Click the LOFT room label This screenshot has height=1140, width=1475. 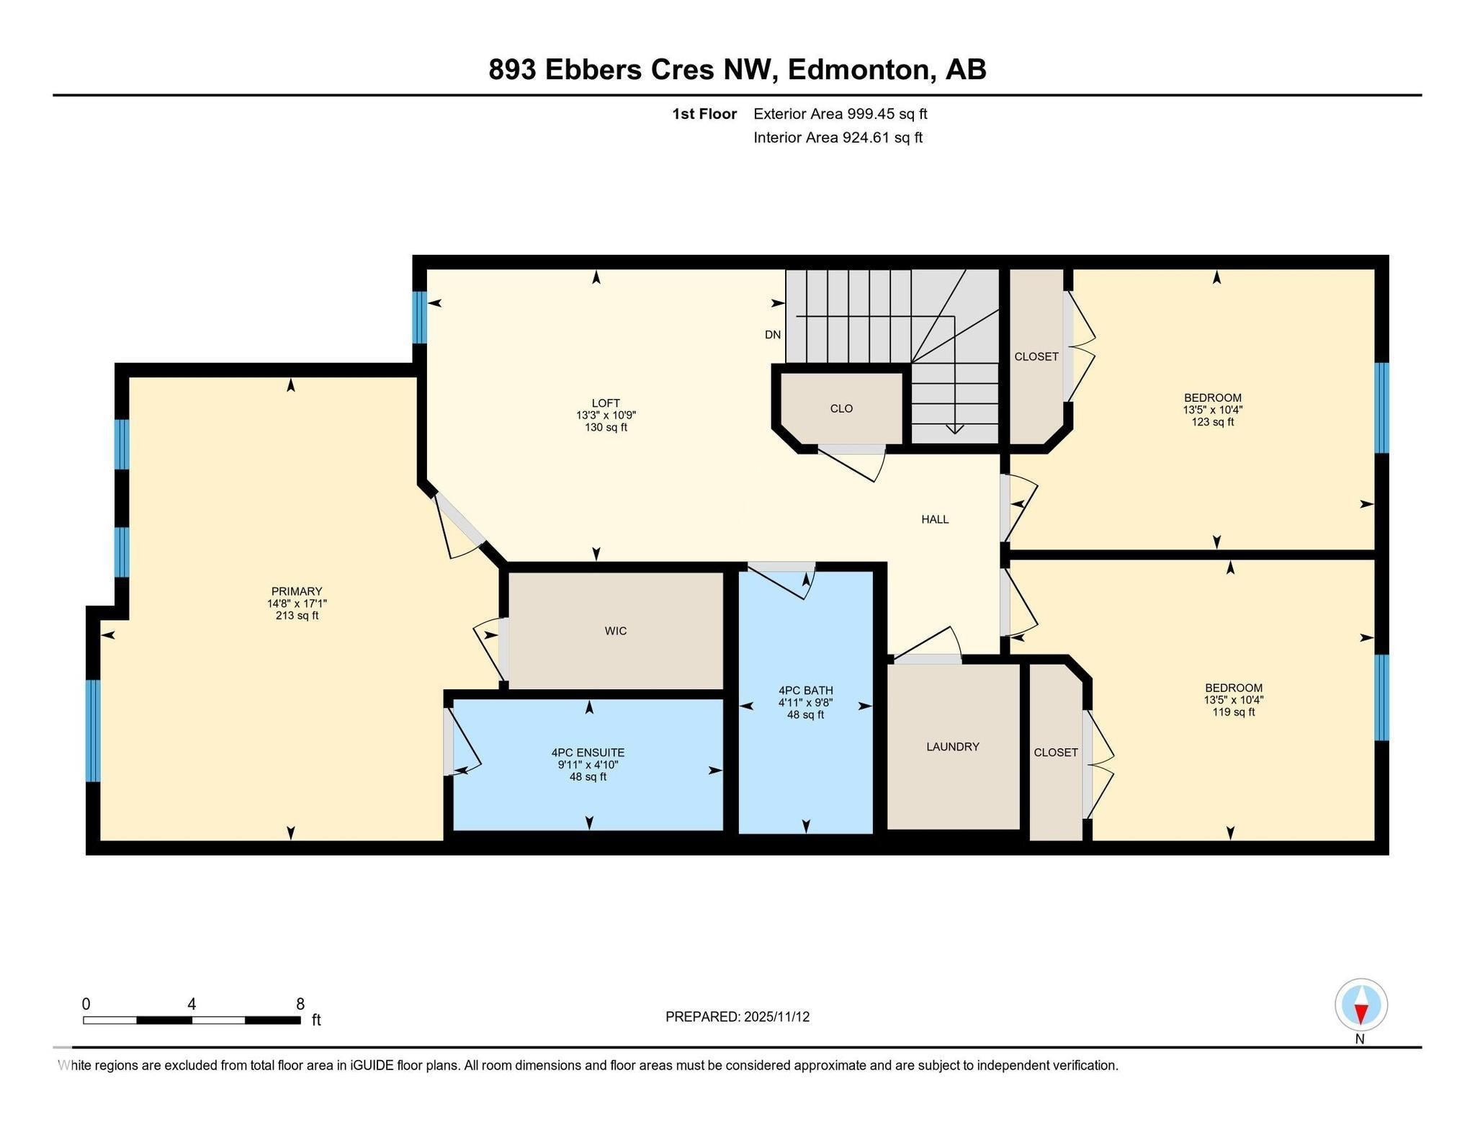pyautogui.click(x=606, y=403)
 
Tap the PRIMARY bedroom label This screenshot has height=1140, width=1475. pyautogui.click(x=296, y=591)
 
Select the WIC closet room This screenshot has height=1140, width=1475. pyautogui.click(x=615, y=631)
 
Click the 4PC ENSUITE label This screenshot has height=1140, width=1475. pyautogui.click(x=588, y=752)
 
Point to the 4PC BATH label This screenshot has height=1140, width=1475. pyautogui.click(x=805, y=690)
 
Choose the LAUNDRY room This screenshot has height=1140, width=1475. pyautogui.click(x=952, y=747)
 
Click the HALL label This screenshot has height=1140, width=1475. pyautogui.click(x=935, y=519)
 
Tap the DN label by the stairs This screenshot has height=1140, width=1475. pyautogui.click(x=772, y=335)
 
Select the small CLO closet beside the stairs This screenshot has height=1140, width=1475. pyautogui.click(x=840, y=408)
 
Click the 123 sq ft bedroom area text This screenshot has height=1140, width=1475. pyautogui.click(x=1212, y=422)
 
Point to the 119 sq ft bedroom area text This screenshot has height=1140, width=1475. pyautogui.click(x=1233, y=712)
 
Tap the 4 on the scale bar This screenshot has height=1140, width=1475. pyautogui.click(x=192, y=1004)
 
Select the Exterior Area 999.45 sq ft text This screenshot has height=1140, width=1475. pyautogui.click(x=840, y=114)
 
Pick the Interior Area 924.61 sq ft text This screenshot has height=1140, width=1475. pyautogui.click(x=838, y=138)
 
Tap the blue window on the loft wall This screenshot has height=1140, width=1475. pyautogui.click(x=419, y=317)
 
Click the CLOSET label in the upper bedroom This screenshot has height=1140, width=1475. pyautogui.click(x=1036, y=356)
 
